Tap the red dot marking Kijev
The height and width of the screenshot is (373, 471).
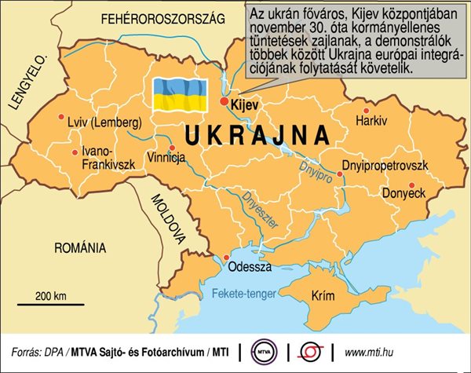pos(225,102)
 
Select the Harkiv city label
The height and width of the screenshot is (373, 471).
pos(371,123)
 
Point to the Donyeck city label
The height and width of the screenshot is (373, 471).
pos(403,192)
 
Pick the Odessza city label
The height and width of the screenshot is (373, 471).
pos(249,267)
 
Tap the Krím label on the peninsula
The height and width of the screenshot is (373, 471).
pos(324,297)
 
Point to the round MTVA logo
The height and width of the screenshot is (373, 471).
pos(264,350)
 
